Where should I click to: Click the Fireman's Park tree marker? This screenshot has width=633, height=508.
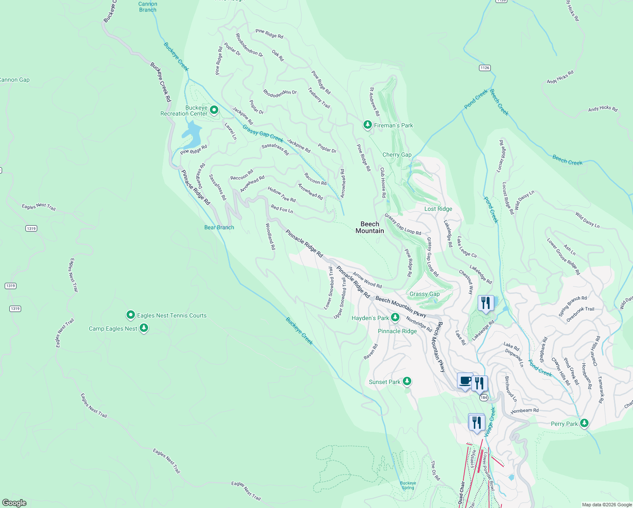coord(367,125)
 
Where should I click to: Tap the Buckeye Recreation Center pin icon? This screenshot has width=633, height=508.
coord(214,110)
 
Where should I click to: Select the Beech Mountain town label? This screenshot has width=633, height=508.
coord(370,227)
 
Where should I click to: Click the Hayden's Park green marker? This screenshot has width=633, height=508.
coord(395,317)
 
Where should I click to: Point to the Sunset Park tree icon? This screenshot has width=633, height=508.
coord(407,381)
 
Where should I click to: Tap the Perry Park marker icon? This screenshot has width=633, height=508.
coord(584,423)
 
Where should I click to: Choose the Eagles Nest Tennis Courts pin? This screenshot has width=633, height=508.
coord(131,315)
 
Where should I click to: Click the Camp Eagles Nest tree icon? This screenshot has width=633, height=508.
coord(144,328)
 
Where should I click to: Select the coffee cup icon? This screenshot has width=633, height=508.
coord(465,381)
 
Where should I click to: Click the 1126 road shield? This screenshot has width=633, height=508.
coord(485,68)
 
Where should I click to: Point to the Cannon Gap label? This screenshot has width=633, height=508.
coord(14,80)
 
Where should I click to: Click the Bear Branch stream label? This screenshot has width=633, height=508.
coord(219,227)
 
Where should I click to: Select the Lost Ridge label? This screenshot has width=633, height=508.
coord(438,209)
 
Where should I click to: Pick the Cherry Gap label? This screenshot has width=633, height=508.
coord(397,155)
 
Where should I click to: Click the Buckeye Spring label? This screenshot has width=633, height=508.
coord(408,485)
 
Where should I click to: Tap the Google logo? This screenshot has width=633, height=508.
coord(14,502)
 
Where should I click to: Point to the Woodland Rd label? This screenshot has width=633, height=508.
coord(270,236)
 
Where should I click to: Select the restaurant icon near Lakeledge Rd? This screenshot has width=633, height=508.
coord(486,303)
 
